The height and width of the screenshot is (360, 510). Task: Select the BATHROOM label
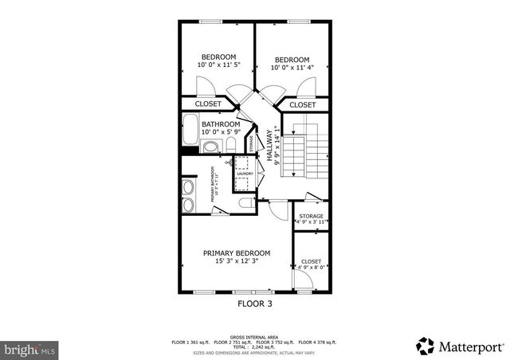[x=220, y=124]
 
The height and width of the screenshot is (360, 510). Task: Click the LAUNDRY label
[x=245, y=174]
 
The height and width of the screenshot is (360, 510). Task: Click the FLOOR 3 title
[x=255, y=303]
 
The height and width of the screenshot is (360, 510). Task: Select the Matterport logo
[x=461, y=346]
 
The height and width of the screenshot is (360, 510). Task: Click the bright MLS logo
[x=30, y=348]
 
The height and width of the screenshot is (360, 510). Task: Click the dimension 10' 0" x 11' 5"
[x=218, y=67]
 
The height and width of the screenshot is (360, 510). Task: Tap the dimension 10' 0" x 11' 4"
[x=292, y=68]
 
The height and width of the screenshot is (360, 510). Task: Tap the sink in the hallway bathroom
[x=210, y=147]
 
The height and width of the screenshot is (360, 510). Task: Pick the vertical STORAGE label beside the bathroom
[x=251, y=145]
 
